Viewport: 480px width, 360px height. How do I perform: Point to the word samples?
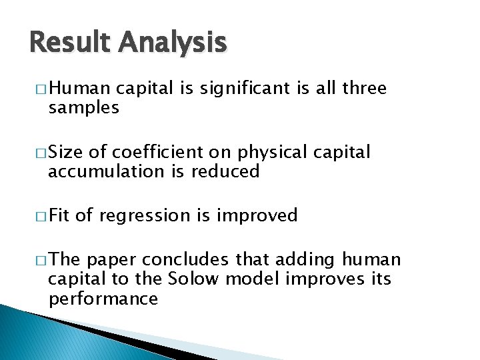pyautogui.click(x=84, y=108)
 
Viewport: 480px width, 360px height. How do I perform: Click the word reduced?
pyautogui.click(x=226, y=171)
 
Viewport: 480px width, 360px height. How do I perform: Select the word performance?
pyautogui.click(x=103, y=299)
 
